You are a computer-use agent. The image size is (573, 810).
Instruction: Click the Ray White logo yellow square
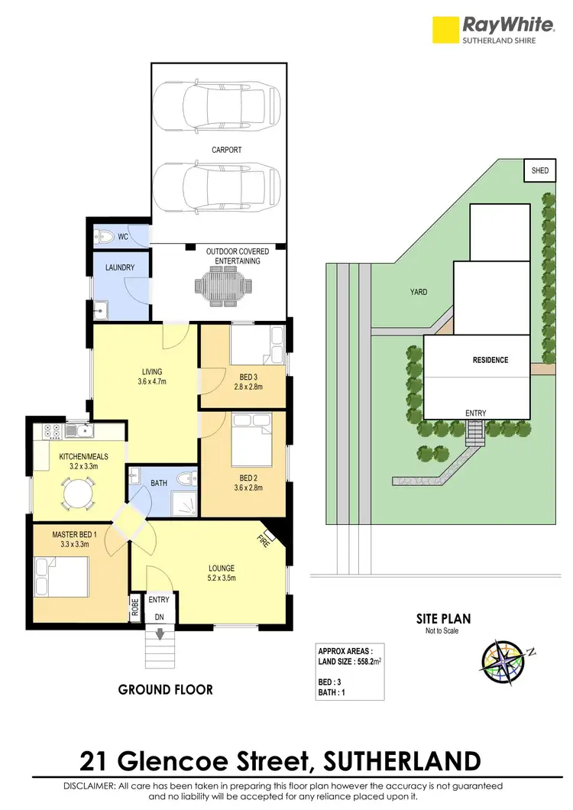click(445, 30)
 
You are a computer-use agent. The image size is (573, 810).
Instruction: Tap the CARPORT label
click(226, 151)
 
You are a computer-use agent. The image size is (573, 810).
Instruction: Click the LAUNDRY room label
click(120, 268)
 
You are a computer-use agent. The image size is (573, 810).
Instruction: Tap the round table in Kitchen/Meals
click(78, 493)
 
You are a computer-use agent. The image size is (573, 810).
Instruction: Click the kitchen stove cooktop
click(53, 431)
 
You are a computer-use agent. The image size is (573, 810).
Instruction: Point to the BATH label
click(158, 483)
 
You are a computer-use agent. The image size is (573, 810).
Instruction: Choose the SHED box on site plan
click(539, 170)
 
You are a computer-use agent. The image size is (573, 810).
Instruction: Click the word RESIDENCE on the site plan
click(490, 360)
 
